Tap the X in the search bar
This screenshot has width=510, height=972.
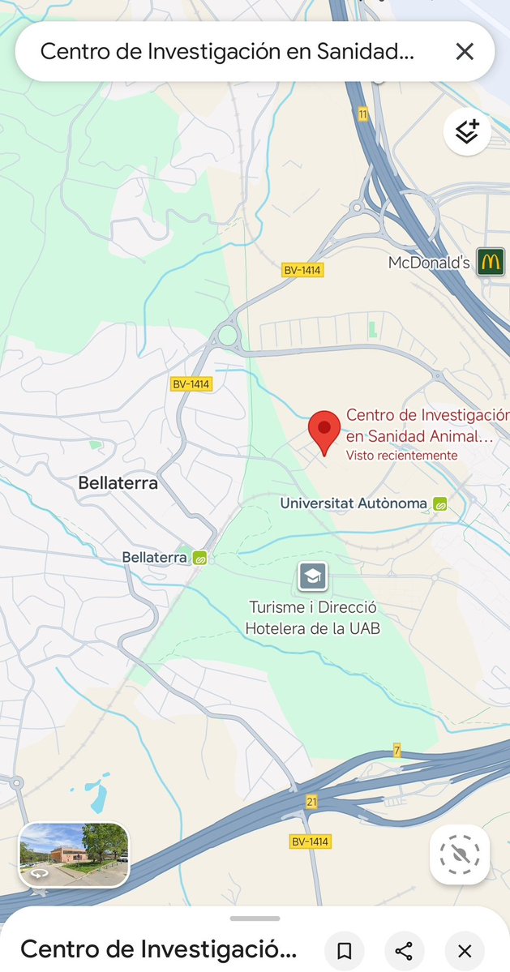[465, 52]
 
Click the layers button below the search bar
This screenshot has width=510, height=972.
[467, 131]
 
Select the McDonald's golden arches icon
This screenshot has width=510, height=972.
[491, 262]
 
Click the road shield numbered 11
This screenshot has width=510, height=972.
[363, 115]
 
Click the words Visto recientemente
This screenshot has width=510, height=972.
[401, 456]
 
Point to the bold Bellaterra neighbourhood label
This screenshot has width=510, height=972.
[118, 483]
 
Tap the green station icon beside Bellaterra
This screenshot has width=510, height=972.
[199, 558]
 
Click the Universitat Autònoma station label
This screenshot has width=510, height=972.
[354, 503]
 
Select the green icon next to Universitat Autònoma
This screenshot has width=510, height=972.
[440, 504]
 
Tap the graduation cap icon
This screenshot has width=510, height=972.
[312, 577]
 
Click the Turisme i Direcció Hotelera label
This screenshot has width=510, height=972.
[313, 618]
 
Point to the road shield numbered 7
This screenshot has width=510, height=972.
[397, 750]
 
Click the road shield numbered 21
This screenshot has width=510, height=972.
[312, 802]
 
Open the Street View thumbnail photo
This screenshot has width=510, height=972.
[74, 854]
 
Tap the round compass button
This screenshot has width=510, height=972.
[460, 854]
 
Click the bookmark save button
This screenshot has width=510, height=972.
[344, 951]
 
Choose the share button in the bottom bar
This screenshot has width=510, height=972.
[404, 951]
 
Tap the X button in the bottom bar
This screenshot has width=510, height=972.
[465, 951]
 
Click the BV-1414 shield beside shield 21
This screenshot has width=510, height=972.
[311, 841]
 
